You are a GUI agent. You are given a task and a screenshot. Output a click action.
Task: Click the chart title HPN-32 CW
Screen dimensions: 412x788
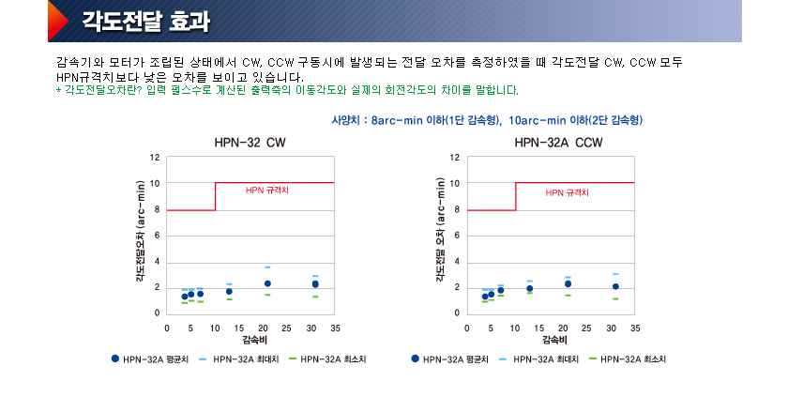coord(250,144)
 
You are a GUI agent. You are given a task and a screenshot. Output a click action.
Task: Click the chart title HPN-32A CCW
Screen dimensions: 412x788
coord(558,144)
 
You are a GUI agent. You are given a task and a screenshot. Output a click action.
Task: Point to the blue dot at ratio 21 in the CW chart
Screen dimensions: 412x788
coord(267,283)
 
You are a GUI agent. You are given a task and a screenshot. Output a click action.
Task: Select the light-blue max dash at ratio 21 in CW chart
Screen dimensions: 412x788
coord(267,267)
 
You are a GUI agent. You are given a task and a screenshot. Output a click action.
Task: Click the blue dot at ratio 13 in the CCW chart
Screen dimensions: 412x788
coord(530,288)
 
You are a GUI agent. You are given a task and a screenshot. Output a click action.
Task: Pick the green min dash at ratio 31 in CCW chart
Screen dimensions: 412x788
coord(615,299)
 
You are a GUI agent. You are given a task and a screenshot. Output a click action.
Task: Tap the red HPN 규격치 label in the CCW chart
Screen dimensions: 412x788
coord(568,192)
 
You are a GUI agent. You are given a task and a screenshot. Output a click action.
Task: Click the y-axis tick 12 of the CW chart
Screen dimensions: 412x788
coord(156,157)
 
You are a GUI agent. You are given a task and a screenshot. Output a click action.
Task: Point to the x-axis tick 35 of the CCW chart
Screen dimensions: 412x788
coord(635,328)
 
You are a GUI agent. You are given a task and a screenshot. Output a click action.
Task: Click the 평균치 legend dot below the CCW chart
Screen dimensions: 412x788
coord(415,359)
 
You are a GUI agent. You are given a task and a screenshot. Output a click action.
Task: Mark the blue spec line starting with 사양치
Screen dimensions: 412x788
coord(487,121)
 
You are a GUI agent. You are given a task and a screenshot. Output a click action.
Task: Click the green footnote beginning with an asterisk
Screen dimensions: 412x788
coord(287,90)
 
